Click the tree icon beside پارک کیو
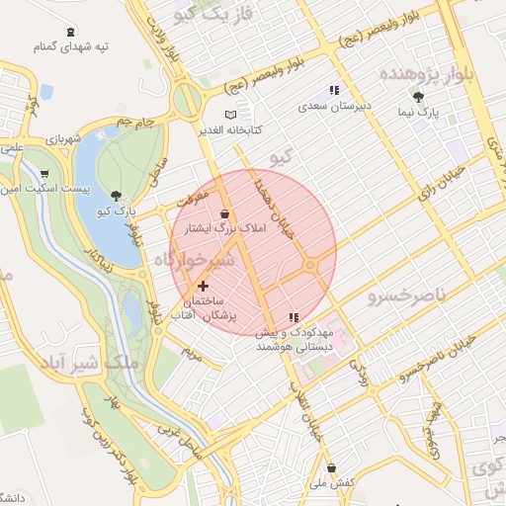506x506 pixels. (118, 196)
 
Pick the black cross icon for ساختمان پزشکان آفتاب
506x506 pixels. (204, 286)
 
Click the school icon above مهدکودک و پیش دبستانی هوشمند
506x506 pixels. (293, 318)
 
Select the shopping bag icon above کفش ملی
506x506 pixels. (330, 467)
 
